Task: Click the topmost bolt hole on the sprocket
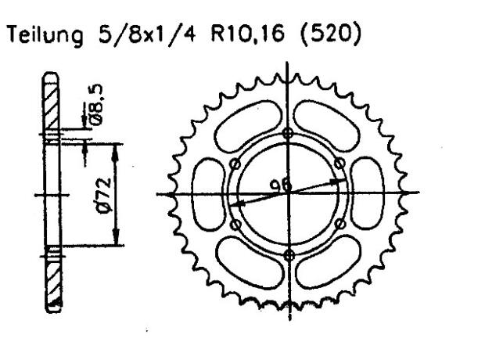[289, 131]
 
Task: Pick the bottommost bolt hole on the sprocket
[289, 255]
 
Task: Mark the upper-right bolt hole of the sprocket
[339, 163]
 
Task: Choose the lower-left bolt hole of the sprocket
[235, 225]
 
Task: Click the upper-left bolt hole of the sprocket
[235, 163]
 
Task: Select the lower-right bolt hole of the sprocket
[339, 225]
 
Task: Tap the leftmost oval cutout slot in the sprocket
[208, 193]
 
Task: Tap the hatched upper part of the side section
[52, 110]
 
